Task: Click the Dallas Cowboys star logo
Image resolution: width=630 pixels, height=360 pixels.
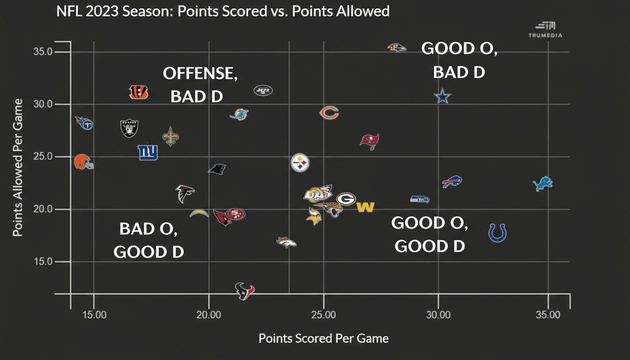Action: pos(442,97)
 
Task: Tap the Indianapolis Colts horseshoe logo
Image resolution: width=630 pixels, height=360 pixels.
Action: pos(497,232)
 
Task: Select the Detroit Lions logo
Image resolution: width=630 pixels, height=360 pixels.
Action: pos(543,184)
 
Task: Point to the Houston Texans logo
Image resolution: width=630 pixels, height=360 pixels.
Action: pos(245,291)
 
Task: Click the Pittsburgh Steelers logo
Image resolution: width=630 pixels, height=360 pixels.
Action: pos(300,163)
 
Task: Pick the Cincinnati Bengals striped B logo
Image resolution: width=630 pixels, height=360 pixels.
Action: pos(138,92)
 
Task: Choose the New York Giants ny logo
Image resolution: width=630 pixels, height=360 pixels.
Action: pos(148,152)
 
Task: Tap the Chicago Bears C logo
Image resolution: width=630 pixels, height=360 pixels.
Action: pos(329,112)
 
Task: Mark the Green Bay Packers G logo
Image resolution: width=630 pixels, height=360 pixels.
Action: pos(346,199)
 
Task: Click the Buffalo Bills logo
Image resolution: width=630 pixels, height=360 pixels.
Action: pos(452,182)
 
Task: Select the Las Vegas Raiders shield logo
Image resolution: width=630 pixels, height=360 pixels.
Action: pos(129,128)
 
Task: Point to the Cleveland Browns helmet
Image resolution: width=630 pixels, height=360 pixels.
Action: pos(83,162)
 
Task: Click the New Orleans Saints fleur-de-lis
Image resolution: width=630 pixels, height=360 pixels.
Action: pos(170,136)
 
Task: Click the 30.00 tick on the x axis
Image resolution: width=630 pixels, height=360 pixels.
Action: pos(438,315)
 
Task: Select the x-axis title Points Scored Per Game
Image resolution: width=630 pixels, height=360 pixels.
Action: pos(323,338)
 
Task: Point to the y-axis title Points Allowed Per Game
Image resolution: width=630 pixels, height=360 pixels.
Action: pos(18,168)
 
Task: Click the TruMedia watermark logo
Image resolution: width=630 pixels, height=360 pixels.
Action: pos(545,30)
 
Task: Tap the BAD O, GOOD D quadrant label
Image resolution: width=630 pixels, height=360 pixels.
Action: pos(149,240)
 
